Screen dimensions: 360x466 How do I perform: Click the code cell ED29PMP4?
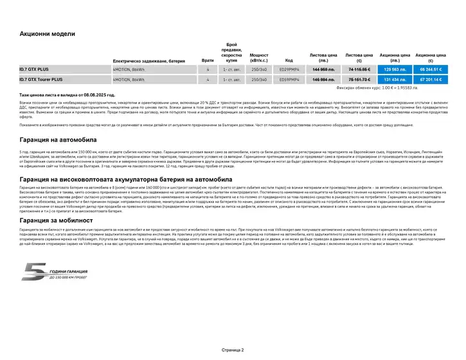point(289,69)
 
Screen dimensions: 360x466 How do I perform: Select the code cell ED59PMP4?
point(289,80)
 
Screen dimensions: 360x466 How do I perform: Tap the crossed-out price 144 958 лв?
point(323,69)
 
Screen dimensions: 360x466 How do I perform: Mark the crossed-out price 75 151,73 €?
point(359,80)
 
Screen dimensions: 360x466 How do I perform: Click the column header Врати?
point(208,60)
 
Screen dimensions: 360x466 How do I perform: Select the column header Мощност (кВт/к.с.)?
point(259,57)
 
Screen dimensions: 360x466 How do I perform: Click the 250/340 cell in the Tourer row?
point(259,80)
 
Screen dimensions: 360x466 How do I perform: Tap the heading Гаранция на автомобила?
point(58,139)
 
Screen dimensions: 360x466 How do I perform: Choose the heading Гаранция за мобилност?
point(56,221)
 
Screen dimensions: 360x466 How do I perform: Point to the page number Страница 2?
point(233,350)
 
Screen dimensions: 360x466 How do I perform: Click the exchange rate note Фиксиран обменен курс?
point(390,87)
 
